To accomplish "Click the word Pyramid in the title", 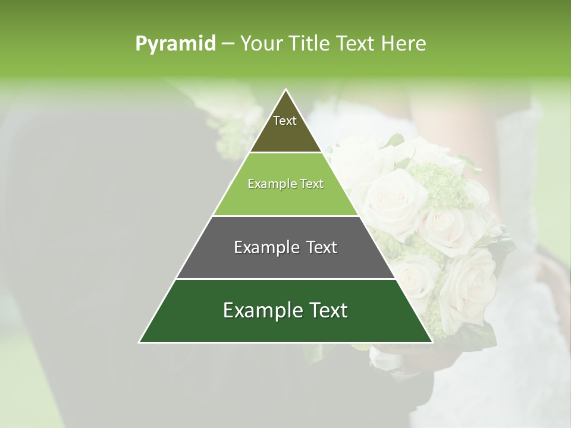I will click(175, 44).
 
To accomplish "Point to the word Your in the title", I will click(260, 44).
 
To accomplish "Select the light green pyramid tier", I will click(285, 196).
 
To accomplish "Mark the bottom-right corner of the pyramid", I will click(432, 342).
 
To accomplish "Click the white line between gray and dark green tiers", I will click(285, 279).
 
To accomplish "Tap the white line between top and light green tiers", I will click(285, 153).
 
